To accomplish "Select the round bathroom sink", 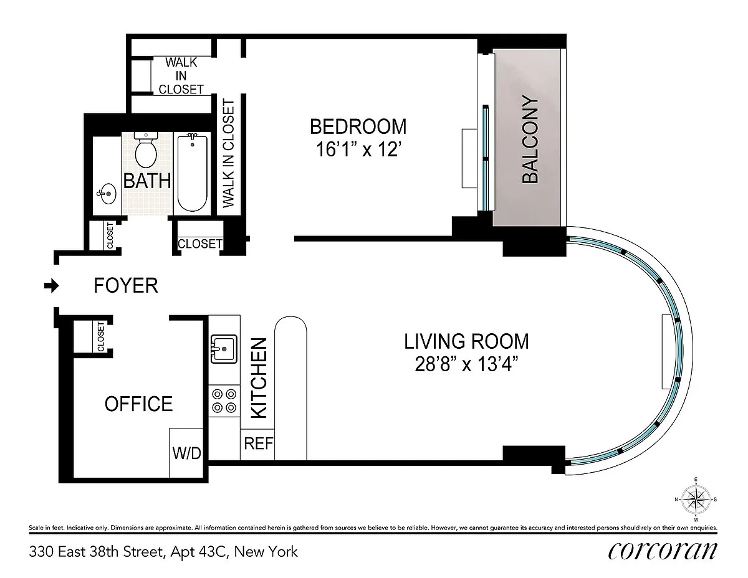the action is pyautogui.click(x=107, y=194).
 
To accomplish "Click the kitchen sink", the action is pyautogui.click(x=224, y=349).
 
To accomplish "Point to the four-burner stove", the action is pyautogui.click(x=224, y=400).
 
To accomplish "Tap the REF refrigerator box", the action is pyautogui.click(x=257, y=444).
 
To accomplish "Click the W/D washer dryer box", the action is pyautogui.click(x=186, y=453).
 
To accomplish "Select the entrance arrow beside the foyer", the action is pyautogui.click(x=52, y=285).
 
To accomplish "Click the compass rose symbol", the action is pyautogui.click(x=696, y=500).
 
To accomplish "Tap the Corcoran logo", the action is pyautogui.click(x=662, y=551).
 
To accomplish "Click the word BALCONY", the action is pyautogui.click(x=530, y=140).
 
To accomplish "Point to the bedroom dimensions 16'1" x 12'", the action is pyautogui.click(x=358, y=149).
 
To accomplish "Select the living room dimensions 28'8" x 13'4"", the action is pyautogui.click(x=466, y=364).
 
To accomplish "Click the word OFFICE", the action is pyautogui.click(x=138, y=404).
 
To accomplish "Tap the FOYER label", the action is pyautogui.click(x=126, y=285).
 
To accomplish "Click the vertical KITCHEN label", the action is pyautogui.click(x=259, y=378).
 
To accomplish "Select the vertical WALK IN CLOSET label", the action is pyautogui.click(x=228, y=153).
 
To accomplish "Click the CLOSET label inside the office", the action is pyautogui.click(x=100, y=336).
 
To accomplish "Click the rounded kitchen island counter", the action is pyautogui.click(x=290, y=388).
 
